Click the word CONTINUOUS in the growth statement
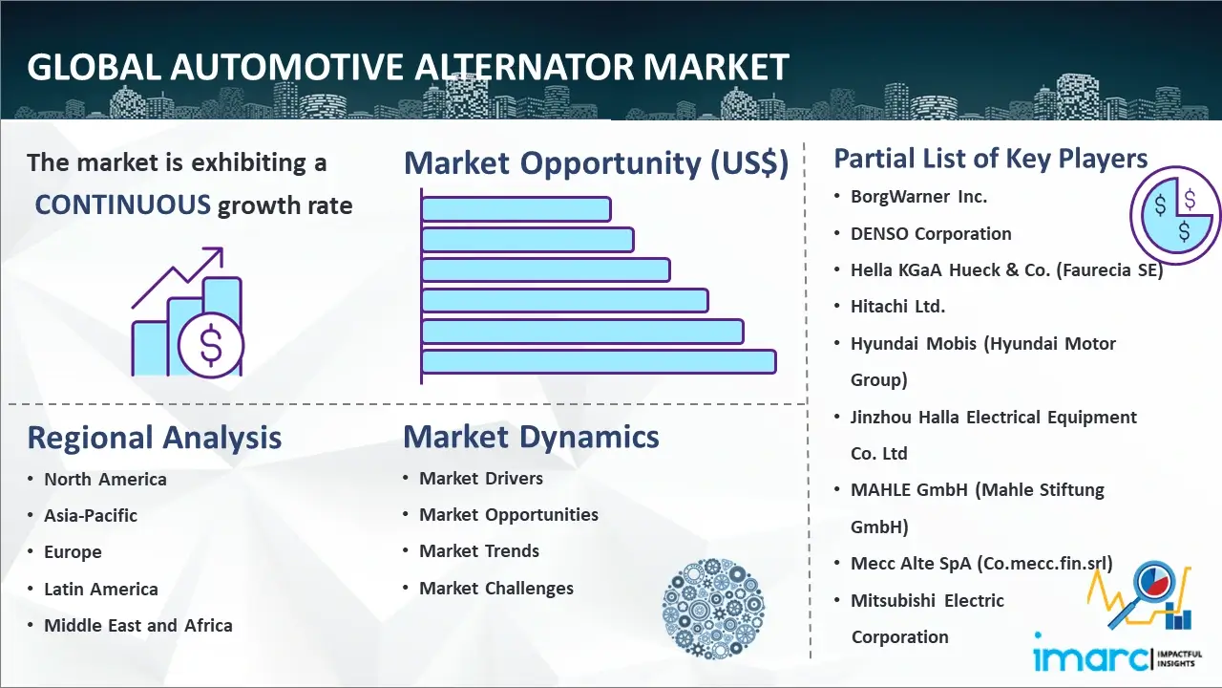pos(123,204)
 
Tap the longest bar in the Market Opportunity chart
pos(599,361)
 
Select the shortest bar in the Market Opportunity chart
pos(516,208)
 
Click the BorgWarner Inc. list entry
pos(918,197)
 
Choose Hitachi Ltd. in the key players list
pos(897,307)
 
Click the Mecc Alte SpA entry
pos(981,563)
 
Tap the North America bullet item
pos(105,479)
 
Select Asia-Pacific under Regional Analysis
pos(91,515)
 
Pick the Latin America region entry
pos(101,589)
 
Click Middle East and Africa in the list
pos(138,625)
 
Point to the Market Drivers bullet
pos(480,479)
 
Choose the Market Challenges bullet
pos(495,588)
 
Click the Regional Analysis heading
pos(155,438)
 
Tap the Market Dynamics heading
pos(531,437)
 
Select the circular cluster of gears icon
pos(713,609)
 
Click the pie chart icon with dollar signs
pos(1174,215)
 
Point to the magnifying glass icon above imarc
pos(1141,593)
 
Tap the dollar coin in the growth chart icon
pos(211,346)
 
